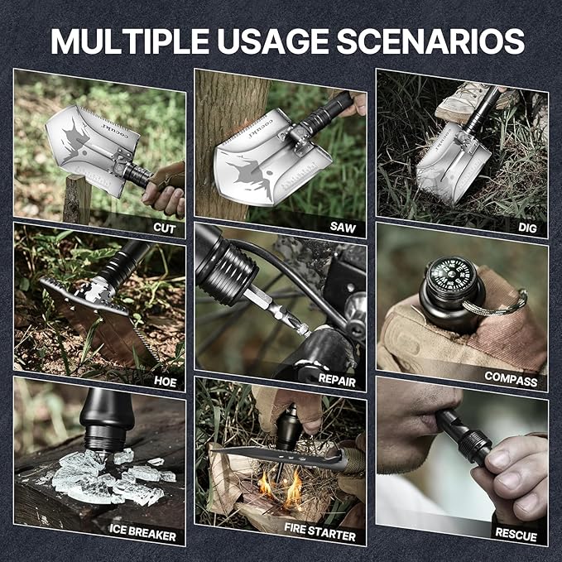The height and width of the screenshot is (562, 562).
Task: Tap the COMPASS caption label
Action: pos(511,382)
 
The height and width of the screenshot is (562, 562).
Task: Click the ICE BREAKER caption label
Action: pos(143,536)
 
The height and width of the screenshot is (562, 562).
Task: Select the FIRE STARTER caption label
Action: pos(319,536)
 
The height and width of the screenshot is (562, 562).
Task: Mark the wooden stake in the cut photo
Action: pos(77,199)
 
